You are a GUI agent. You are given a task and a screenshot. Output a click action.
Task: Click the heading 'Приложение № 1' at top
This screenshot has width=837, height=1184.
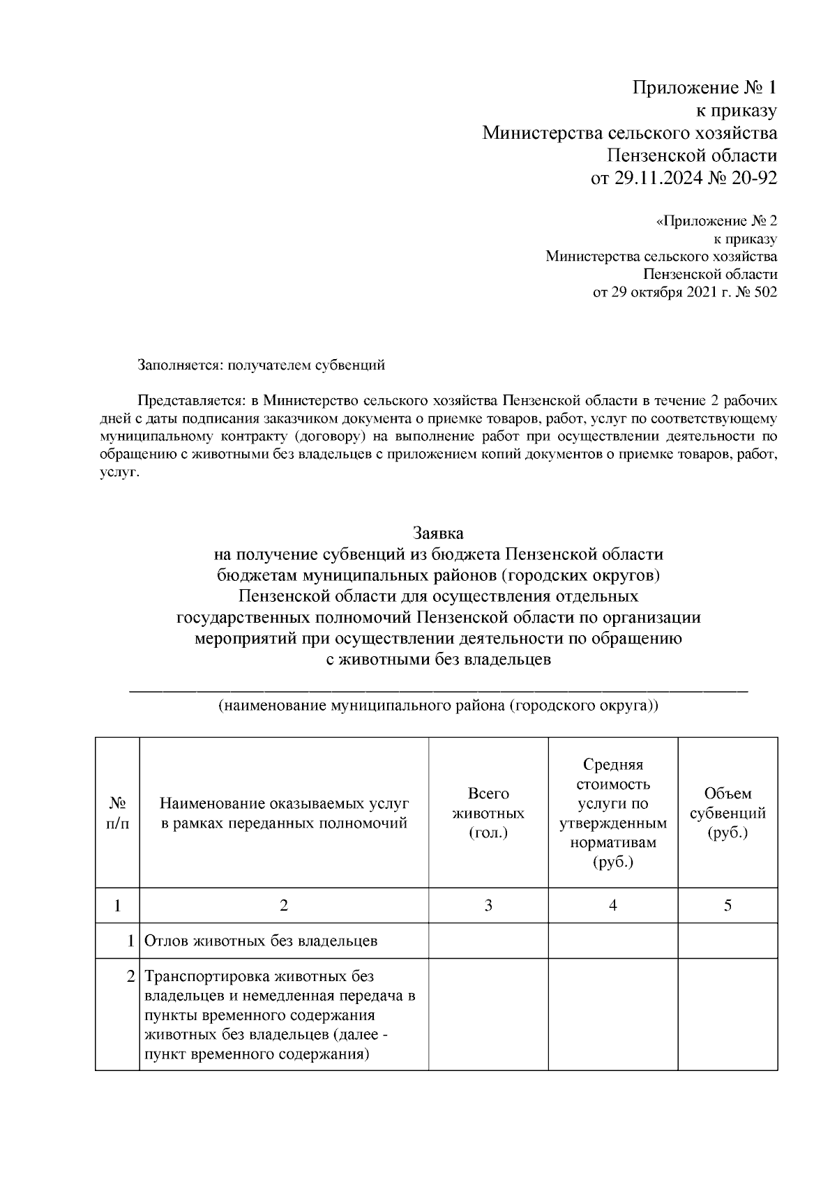coord(704,88)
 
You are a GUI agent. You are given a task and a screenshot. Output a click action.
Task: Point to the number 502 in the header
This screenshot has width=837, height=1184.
coord(765,292)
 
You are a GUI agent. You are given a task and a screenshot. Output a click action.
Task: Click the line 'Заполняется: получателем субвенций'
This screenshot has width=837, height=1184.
coord(261,364)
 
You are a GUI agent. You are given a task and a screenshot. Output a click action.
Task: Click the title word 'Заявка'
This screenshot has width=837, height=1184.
coord(438,533)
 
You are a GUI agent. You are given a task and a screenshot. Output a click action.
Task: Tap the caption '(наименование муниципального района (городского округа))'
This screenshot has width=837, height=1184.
coord(438,705)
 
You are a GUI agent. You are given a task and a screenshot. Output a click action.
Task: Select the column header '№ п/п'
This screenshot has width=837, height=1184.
coord(117,813)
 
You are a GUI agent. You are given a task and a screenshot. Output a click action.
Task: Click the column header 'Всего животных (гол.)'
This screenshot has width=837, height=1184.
coord(488,813)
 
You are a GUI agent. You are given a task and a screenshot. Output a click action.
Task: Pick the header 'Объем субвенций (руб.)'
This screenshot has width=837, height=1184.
coord(727,813)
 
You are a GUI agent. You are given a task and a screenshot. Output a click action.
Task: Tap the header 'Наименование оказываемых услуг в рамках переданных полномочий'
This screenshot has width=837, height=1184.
coord(284,813)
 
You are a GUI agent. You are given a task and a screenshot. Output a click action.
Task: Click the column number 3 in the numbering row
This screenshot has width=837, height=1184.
coord(488,906)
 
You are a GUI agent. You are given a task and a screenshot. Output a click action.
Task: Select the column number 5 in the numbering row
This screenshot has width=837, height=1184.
coord(727,906)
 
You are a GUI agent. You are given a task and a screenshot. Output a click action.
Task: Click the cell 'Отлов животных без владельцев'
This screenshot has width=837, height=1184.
coord(261,941)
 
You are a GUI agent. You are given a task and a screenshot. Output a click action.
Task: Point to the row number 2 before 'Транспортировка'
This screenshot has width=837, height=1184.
coord(130,976)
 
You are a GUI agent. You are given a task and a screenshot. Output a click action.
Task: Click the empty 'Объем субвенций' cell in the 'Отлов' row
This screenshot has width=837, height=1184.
coord(727,941)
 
